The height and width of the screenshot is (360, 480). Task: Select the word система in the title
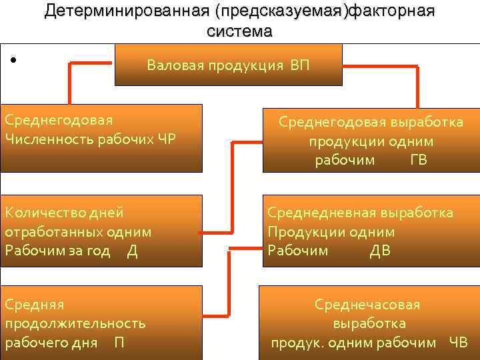tap(239, 31)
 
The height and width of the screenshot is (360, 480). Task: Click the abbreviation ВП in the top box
tap(299, 66)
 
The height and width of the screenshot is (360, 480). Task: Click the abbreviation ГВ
tap(419, 160)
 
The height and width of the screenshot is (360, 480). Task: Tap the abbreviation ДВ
tap(380, 250)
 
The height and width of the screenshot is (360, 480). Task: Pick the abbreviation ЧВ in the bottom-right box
tap(458, 343)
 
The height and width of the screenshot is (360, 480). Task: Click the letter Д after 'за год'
tap(132, 250)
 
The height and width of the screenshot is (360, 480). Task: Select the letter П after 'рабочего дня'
tap(119, 343)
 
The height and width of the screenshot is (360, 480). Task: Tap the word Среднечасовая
tap(367, 305)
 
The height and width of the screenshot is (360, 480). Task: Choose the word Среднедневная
tap(322, 213)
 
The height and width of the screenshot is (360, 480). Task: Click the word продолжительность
tap(75, 323)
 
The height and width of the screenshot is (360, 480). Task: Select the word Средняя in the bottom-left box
tap(34, 305)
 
